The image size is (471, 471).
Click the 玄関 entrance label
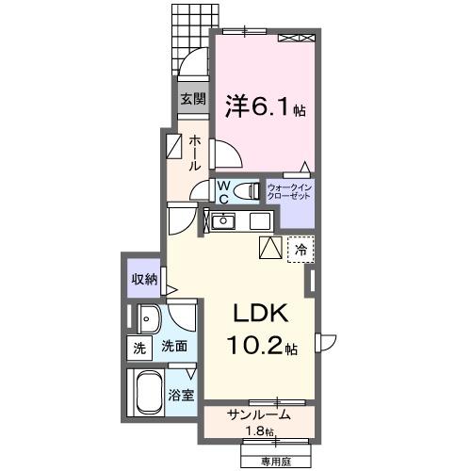coord(193,98)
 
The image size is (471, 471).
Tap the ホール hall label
coord(194,152)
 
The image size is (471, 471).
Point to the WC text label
coord(223,192)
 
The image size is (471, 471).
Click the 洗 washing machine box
coord(139,347)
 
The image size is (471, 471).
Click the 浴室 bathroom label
coord(183,395)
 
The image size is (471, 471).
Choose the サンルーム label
coord(257,414)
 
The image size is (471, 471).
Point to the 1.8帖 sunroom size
coord(256,431)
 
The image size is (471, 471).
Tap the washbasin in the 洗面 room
coord(149,317)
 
